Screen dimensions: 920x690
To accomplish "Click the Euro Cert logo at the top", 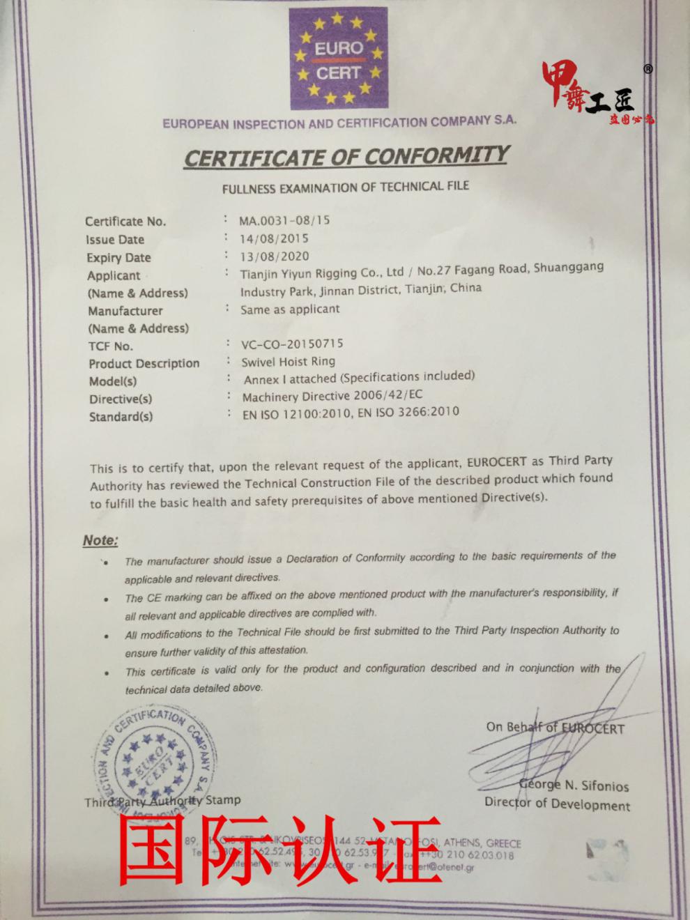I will click(339, 59).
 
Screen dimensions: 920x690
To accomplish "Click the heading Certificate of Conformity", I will click(346, 156).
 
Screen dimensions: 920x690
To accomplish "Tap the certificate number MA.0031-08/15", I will click(285, 220).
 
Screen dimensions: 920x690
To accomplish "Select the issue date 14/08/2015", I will click(275, 238).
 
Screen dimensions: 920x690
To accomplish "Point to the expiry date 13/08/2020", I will click(275, 256).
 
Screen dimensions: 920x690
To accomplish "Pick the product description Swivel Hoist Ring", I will click(288, 362).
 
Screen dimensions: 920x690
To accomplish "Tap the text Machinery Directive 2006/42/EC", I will click(332, 396).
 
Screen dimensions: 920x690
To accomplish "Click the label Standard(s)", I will click(121, 417).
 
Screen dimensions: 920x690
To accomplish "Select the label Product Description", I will click(144, 363).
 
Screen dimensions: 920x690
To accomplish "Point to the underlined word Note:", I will click(100, 540).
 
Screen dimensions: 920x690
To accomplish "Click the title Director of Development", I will click(557, 804).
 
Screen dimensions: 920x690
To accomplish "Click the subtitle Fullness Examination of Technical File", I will click(346, 187).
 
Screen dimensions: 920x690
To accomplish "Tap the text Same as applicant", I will click(290, 309).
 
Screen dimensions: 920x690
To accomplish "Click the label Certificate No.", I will click(125, 222).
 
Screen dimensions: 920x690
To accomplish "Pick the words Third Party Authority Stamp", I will click(162, 801).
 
